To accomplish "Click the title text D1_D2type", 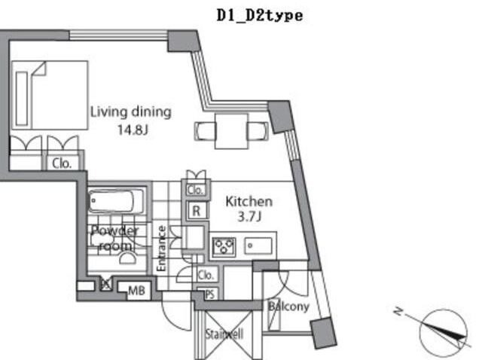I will [259, 15].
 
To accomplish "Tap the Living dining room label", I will [131, 112].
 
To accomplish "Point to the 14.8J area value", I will [131, 130].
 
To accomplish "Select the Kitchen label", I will [249, 202].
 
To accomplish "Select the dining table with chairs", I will [232, 130].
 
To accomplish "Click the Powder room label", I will [114, 238].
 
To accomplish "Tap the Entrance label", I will [161, 248].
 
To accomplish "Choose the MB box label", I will [136, 289].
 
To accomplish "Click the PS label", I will [209, 294].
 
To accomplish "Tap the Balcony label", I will [288, 307].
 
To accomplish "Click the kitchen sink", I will [259, 246].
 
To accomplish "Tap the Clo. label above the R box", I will [196, 190].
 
